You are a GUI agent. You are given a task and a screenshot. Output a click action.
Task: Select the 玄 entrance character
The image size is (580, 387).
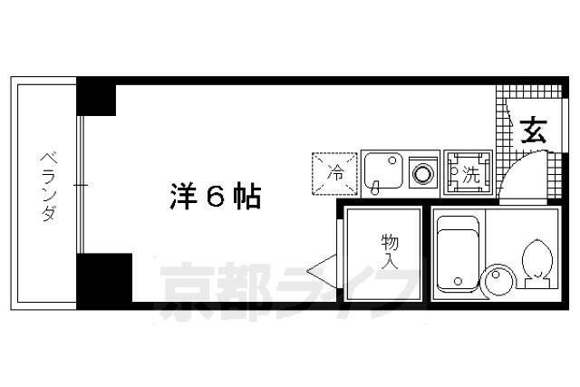click(x=534, y=131)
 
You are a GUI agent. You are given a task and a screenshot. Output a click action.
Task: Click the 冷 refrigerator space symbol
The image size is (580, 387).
click(x=335, y=172)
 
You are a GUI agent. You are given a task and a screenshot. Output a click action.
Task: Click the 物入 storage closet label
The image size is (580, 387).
click(x=390, y=251)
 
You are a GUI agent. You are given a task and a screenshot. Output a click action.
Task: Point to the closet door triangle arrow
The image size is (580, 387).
click(x=320, y=270)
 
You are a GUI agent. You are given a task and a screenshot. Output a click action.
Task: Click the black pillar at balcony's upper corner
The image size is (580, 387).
click(x=96, y=98)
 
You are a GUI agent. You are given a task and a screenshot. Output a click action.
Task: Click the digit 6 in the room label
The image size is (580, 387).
click(x=215, y=197)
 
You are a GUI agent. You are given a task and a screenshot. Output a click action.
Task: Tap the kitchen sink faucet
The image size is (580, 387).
click(x=374, y=187)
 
